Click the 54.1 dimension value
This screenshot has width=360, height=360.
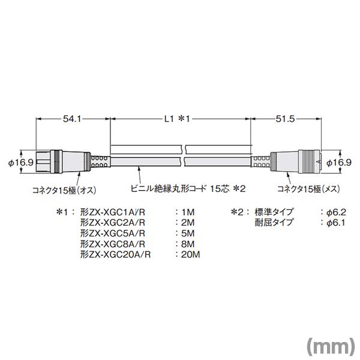pos(72,119)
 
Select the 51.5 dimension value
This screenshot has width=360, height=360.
pos(285,119)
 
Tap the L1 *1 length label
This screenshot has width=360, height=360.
pos(177,119)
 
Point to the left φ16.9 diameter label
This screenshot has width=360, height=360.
pos(21,163)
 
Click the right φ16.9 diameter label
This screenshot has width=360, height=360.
pos(339,163)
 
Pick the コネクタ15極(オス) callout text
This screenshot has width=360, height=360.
pos(64,190)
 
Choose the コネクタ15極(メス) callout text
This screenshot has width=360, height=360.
pos(309,189)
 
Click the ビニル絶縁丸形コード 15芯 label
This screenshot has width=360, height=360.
pos(180,189)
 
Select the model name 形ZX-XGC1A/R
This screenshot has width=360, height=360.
pos(113,212)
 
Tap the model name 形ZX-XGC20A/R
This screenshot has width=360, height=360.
pos(115,254)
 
